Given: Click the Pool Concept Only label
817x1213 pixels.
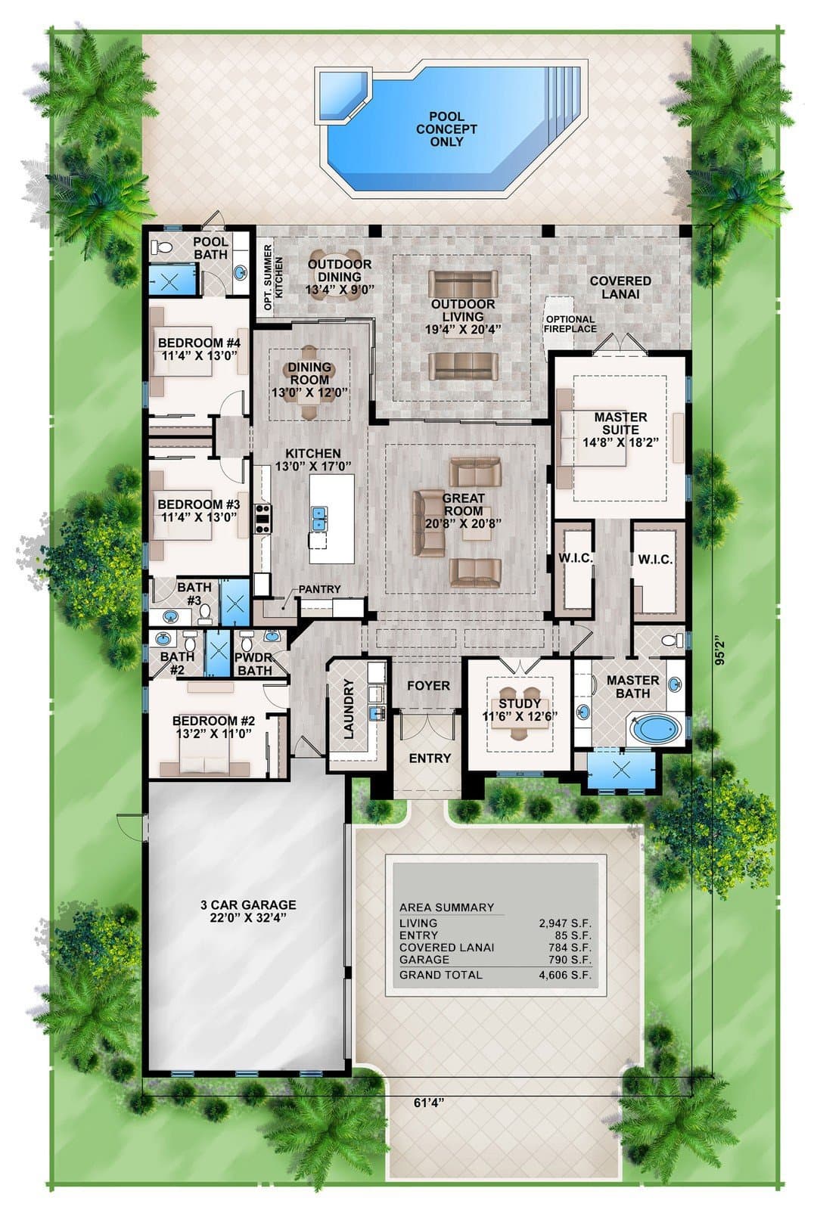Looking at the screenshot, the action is (446, 129).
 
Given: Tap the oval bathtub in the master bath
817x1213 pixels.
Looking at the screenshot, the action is (656, 730).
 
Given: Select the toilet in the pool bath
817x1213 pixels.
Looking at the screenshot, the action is (162, 248).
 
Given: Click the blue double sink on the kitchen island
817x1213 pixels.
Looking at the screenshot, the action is (318, 518).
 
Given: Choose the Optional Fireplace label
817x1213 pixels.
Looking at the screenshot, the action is (570, 324).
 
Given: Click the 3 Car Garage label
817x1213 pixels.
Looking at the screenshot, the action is (248, 911).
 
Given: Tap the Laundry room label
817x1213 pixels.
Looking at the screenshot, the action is (349, 709).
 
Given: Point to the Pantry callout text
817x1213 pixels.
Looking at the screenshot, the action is (319, 588).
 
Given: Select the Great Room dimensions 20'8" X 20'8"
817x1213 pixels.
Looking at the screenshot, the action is (463, 523).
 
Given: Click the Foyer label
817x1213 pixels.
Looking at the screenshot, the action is (428, 686).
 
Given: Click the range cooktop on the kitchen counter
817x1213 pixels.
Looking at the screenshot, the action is (263, 520).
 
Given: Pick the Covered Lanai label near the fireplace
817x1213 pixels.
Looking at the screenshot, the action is (620, 287).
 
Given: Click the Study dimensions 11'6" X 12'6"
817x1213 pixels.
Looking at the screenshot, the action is (520, 716).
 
